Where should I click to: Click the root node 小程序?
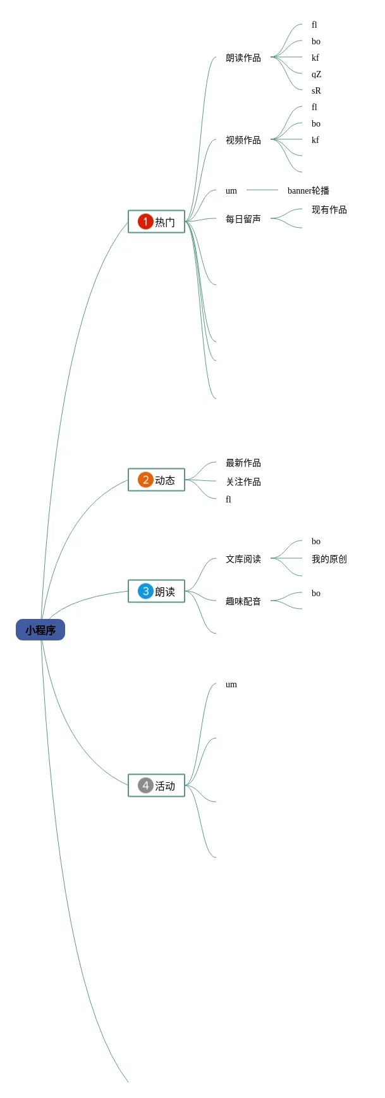point(40,630)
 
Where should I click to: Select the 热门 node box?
point(157,221)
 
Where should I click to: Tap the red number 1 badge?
point(145,221)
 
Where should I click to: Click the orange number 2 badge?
point(145,480)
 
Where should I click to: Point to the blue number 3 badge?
point(145,591)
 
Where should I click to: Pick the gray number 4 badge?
point(145,785)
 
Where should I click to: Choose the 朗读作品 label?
point(243,58)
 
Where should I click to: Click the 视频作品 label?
point(243,140)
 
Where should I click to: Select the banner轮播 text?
point(309,190)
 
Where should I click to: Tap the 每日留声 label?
point(243,219)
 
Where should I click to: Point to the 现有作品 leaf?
point(329,209)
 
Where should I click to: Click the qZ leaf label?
point(316,74)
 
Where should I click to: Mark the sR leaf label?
point(316,90)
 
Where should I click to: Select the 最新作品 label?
point(243,463)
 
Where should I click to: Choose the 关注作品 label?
point(243,482)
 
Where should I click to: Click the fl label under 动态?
point(228,499)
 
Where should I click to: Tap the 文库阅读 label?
point(243,559)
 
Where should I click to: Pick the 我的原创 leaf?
point(329,559)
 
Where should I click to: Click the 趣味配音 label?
point(243,601)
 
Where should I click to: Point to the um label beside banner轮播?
point(231,190)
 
